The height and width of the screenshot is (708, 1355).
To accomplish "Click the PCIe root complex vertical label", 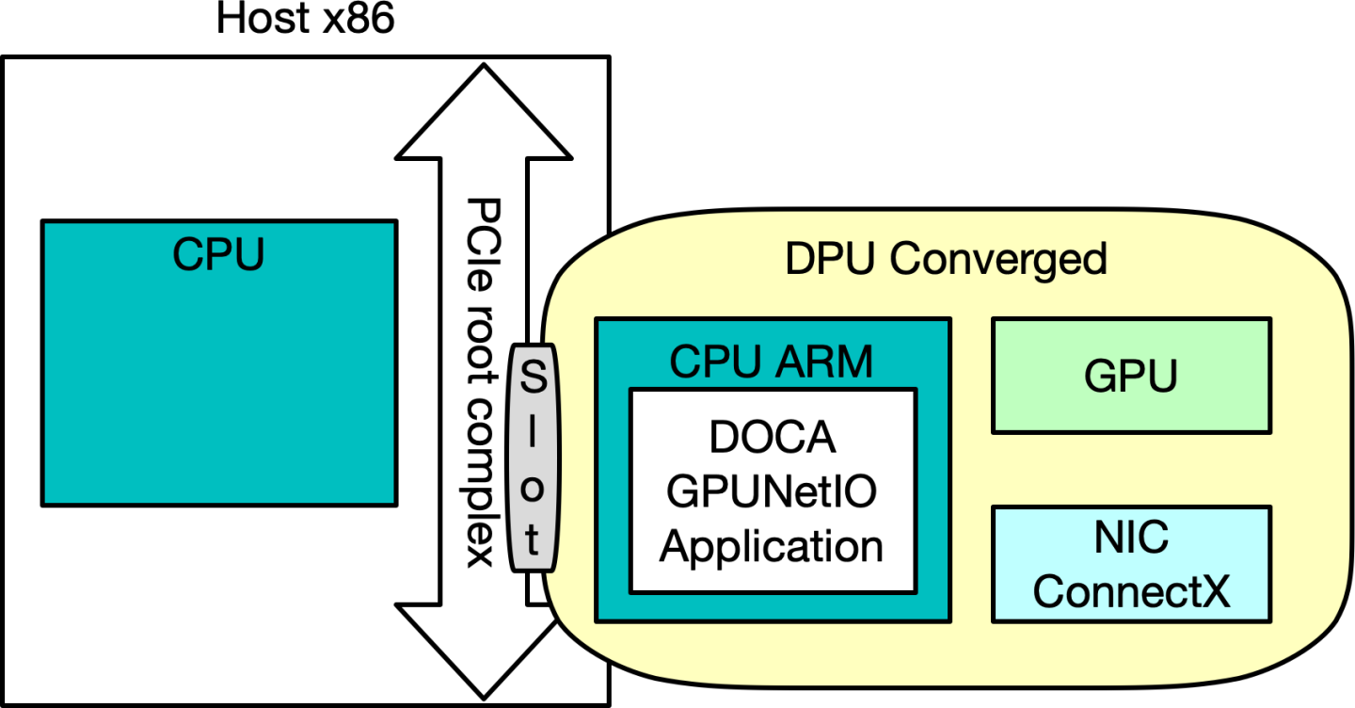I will click(x=483, y=381).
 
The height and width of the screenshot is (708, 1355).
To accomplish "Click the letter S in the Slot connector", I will click(x=533, y=381).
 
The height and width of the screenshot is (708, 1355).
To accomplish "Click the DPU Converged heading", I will click(x=946, y=259).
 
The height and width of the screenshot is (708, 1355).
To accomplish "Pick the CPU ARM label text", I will click(x=772, y=362).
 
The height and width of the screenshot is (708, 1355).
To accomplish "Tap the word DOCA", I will click(x=772, y=440).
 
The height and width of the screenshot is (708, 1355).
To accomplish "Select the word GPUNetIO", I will click(x=772, y=492).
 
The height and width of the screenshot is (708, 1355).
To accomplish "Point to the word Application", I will click(x=772, y=546).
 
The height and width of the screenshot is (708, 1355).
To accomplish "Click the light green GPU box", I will click(x=1131, y=376).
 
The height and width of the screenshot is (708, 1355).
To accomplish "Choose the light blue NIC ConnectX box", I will click(x=1131, y=564).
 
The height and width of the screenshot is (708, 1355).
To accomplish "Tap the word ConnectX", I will click(x=1131, y=591).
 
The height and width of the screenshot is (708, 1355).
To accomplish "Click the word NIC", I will click(x=1131, y=539).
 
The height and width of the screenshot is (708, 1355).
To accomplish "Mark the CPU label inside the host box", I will click(x=218, y=254).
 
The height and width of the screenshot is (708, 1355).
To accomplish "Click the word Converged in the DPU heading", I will click(x=998, y=259).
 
